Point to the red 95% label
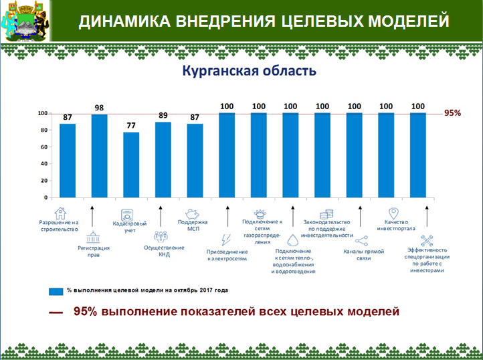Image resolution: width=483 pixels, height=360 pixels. pyautogui.click(x=453, y=113)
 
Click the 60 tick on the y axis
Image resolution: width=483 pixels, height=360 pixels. pyautogui.click(x=44, y=147)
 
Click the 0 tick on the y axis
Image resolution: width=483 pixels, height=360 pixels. pyautogui.click(x=45, y=197)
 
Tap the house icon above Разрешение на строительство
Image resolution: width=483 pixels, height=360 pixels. pyautogui.click(x=60, y=213)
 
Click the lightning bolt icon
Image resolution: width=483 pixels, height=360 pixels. pyautogui.click(x=226, y=240)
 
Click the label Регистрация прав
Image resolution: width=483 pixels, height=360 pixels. pyautogui.click(x=94, y=251)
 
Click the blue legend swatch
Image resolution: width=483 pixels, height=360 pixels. pyautogui.click(x=54, y=291)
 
